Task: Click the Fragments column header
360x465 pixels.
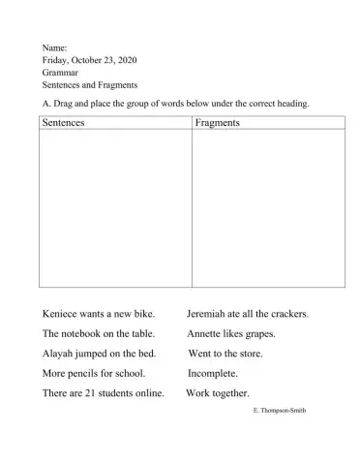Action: tap(218, 123)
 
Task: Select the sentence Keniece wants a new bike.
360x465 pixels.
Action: tap(99, 314)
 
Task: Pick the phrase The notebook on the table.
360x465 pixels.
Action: tap(99, 333)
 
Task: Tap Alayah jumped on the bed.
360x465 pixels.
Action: tap(100, 354)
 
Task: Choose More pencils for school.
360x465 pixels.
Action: tap(94, 373)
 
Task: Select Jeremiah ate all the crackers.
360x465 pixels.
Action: tap(248, 314)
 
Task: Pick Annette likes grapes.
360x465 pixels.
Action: tap(231, 333)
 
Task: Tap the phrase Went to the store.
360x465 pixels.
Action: tap(225, 354)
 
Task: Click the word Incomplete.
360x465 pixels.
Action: tap(213, 373)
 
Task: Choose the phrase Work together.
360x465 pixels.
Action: tap(218, 392)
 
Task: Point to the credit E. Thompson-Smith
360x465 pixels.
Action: tap(279, 411)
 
